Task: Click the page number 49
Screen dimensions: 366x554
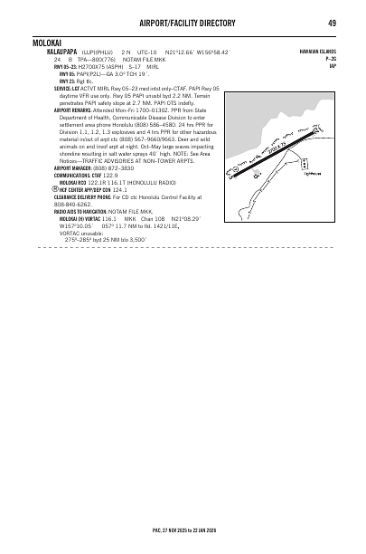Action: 332,23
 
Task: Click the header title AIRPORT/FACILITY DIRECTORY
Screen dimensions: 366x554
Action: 183,23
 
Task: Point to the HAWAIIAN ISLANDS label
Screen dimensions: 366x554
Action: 318,52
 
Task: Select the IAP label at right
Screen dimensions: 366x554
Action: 333,66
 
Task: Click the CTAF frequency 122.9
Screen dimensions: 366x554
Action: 111,176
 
